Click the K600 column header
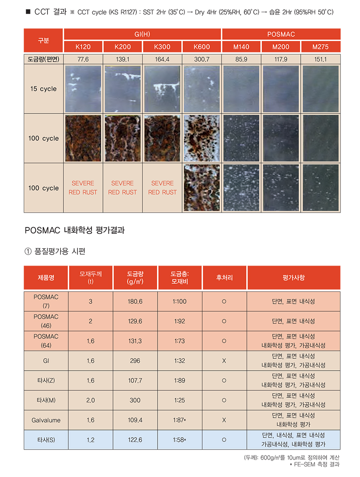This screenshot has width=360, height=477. (202, 47)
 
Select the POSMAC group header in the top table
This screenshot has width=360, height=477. (281, 34)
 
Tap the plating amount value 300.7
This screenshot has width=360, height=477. (202, 59)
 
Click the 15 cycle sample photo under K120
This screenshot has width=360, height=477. (83, 89)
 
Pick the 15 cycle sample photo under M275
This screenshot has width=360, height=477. (321, 89)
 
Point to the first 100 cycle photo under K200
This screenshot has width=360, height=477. (123, 139)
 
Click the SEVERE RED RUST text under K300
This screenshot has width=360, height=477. (162, 188)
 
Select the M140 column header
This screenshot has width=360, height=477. (241, 47)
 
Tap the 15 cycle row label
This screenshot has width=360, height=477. (44, 89)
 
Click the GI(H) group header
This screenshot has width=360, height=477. (142, 34)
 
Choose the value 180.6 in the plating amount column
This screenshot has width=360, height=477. (135, 302)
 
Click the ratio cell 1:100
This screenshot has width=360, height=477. (180, 302)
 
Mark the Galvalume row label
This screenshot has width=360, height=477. (46, 420)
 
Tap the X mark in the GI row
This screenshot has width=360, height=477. (224, 361)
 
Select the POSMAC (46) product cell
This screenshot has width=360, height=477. (46, 321)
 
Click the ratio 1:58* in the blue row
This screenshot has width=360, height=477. (180, 440)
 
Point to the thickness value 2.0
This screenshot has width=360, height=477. (91, 400)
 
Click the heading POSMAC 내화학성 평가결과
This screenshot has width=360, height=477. (74, 231)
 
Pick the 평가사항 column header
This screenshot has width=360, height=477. (294, 278)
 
